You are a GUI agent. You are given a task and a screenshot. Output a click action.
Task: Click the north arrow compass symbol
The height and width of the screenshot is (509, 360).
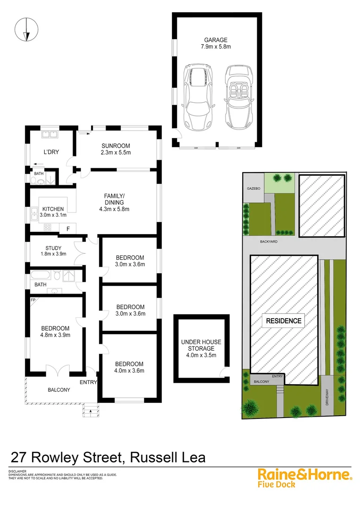26,29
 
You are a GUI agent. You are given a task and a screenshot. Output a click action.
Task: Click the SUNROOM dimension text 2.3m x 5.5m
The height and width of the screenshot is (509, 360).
115,152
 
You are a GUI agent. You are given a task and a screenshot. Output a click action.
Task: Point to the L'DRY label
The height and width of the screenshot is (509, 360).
51,152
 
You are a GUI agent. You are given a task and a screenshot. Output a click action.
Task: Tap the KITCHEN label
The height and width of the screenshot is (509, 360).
53,209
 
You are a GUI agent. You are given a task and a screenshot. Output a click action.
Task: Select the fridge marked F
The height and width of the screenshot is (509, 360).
68,229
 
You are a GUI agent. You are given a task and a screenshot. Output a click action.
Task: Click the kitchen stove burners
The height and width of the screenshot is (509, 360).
48,227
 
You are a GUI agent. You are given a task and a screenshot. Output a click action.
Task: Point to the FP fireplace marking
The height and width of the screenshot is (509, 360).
33,300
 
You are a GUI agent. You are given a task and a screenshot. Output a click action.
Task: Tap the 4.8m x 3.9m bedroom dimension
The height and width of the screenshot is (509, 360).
55,335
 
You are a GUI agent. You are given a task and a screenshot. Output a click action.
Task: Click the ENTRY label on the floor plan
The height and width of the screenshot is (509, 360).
88,382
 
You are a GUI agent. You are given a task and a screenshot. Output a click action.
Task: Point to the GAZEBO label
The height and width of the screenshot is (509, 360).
254,188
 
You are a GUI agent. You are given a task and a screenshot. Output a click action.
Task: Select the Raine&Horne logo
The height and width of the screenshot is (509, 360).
304,474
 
